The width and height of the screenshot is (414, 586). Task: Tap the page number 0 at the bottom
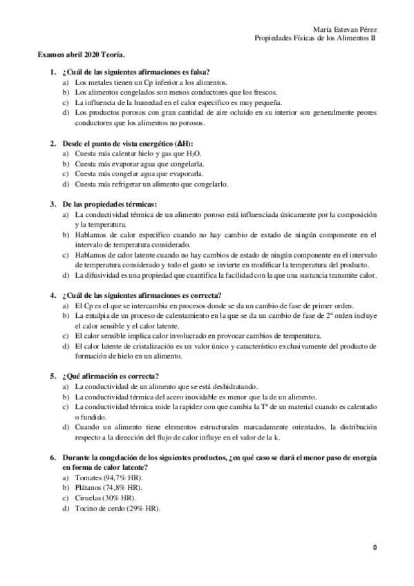pyautogui.click(x=374, y=547)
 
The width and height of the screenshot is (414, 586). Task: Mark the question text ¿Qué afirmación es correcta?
pyautogui.click(x=110, y=377)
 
